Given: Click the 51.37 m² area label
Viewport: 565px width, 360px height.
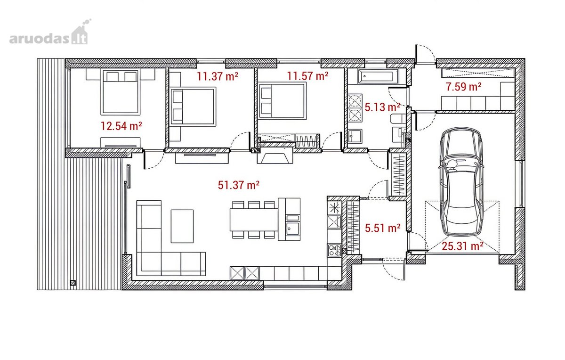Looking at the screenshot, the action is click(239, 185).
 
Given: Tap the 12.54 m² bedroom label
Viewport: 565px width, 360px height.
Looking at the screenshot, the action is click(121, 126).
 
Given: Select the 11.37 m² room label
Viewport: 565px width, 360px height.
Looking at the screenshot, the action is click(218, 76).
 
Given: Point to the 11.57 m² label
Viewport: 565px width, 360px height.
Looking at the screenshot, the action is click(308, 76).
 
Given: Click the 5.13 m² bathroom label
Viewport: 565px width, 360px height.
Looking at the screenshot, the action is click(382, 107).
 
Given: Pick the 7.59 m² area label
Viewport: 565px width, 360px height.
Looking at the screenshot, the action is click(464, 87).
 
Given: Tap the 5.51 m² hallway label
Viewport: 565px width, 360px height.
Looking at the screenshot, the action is click(383, 228).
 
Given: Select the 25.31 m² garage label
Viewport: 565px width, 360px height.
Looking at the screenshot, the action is click(462, 246).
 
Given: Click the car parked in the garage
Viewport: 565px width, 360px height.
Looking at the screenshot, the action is click(461, 182).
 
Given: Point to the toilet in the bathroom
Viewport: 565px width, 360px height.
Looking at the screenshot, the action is click(398, 119).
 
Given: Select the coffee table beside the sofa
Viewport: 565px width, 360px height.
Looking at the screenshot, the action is click(182, 226).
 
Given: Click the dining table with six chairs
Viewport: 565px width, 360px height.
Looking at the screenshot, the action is click(254, 220).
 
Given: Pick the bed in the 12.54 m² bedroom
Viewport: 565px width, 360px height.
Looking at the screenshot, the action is click(121, 92).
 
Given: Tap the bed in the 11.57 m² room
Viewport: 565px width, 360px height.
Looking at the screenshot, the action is click(282, 101).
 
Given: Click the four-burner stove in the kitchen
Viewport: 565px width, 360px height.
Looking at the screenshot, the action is click(334, 250).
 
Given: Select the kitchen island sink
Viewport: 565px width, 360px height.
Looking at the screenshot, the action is click(293, 228).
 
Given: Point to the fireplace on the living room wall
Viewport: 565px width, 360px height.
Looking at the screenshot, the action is click(275, 155).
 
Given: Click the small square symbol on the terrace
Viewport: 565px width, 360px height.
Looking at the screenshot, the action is click(73, 283).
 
